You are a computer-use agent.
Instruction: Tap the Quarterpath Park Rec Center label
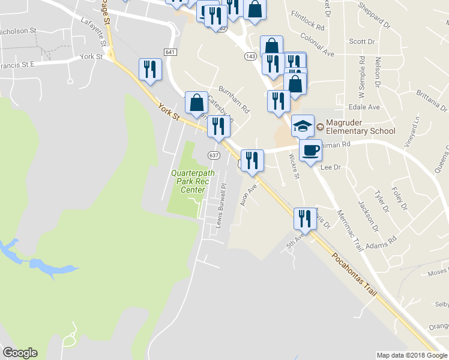coord(188,181)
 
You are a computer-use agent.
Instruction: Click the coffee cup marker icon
coord(310,150)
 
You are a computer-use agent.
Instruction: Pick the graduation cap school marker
coord(303,126)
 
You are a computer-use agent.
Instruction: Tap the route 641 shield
coord(170,53)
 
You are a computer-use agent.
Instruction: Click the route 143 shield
coord(250,56)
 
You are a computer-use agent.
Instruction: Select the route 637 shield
coord(213,155)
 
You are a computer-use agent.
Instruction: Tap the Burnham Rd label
coord(234,100)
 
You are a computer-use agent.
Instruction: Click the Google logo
coord(20,353)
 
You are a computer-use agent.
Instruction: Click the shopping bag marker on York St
coord(196,103)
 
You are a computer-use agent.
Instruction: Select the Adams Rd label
coord(384,241)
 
